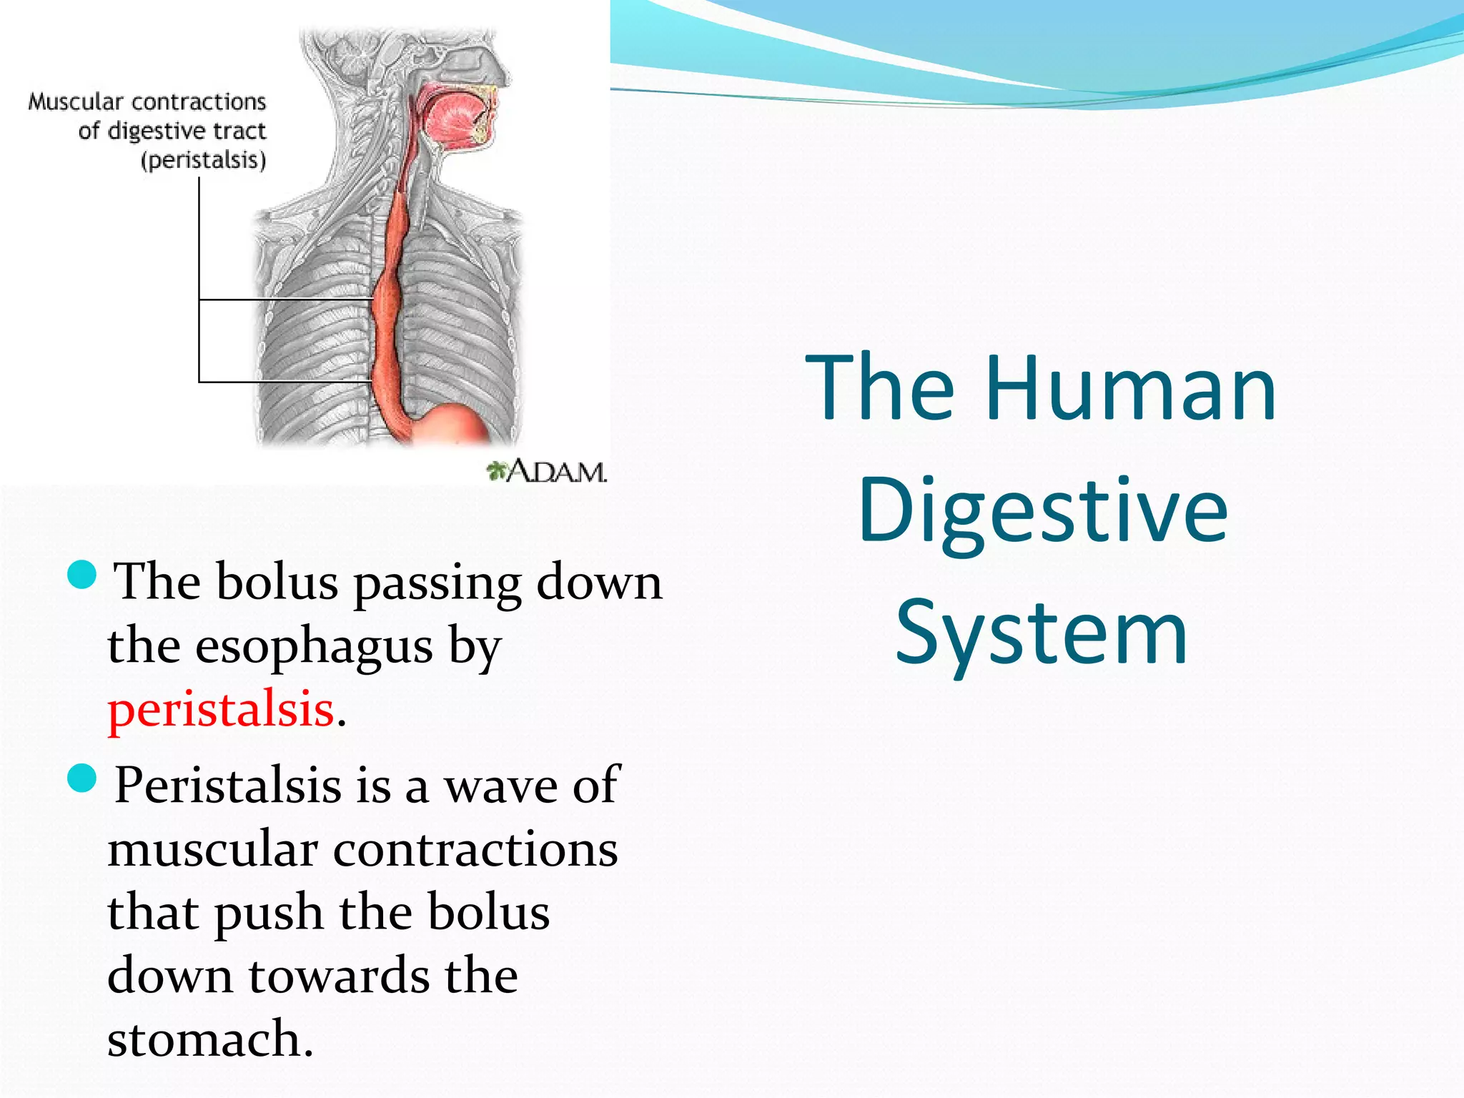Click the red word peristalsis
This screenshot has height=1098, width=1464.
(221, 710)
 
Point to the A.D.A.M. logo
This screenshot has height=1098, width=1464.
(547, 472)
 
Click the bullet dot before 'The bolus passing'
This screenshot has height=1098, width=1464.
(81, 575)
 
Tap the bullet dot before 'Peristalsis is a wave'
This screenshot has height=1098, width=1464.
(81, 778)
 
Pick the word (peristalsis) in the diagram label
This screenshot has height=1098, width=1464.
(204, 160)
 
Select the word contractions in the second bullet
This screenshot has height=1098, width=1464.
(475, 850)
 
